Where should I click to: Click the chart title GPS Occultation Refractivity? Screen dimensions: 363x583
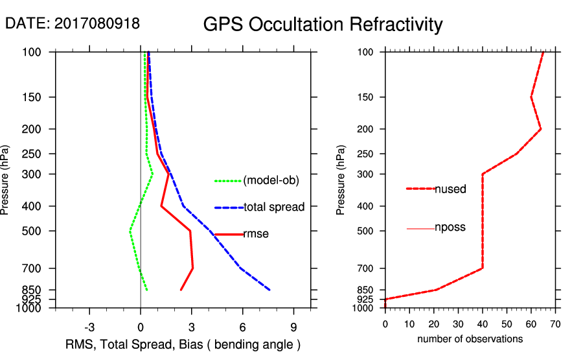(323, 25)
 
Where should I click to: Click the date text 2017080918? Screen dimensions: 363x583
(97, 24)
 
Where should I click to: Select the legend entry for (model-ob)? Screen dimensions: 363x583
(271, 181)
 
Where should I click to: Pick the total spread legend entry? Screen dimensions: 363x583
(273, 207)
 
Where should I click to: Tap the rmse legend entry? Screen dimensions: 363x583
(255, 234)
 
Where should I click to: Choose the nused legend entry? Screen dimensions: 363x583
(450, 189)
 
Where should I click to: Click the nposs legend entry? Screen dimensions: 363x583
(450, 228)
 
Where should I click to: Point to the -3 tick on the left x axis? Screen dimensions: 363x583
(90, 325)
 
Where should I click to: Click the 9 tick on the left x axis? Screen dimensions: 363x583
(293, 325)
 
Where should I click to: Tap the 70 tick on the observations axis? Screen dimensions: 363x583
(555, 323)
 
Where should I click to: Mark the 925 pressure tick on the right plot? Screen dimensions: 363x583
(366, 299)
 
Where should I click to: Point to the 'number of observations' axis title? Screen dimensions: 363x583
(470, 338)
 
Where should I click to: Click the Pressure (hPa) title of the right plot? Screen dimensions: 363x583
(341, 180)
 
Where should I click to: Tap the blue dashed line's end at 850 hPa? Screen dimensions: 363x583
(269, 290)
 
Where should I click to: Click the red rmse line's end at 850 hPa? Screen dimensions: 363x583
(181, 290)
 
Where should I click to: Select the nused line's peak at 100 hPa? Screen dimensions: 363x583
(543, 53)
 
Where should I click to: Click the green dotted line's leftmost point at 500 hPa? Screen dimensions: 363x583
(130, 231)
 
